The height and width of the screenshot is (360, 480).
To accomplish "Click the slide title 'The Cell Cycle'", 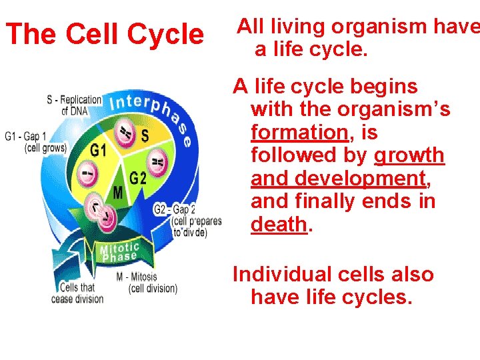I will pyautogui.click(x=104, y=35).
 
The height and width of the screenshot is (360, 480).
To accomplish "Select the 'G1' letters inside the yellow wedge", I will pyautogui.click(x=99, y=151).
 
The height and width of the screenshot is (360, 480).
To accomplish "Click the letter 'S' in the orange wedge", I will pyautogui.click(x=145, y=135).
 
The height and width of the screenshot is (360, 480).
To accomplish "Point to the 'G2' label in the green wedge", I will pyautogui.click(x=138, y=178).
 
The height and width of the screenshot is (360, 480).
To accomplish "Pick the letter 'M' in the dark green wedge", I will pyautogui.click(x=117, y=193).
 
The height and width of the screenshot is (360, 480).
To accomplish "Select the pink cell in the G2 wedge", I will pyautogui.click(x=157, y=161).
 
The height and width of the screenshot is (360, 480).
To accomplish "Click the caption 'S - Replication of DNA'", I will pyautogui.click(x=74, y=105).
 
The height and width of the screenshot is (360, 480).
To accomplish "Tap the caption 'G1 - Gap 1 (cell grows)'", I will pyautogui.click(x=35, y=142).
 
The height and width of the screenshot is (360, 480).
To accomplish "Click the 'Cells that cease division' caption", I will pyautogui.click(x=77, y=293).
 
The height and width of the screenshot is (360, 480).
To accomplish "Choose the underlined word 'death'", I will pyautogui.click(x=279, y=224).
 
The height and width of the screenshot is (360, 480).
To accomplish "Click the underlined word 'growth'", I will pyautogui.click(x=409, y=155).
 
